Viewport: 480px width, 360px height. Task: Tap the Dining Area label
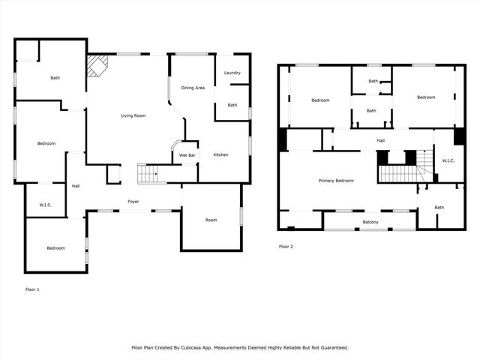(193, 88)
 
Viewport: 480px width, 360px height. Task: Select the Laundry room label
(232, 73)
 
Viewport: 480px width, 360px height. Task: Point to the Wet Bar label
(187, 154)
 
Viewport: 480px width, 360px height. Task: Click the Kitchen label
(220, 154)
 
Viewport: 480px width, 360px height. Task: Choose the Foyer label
(133, 202)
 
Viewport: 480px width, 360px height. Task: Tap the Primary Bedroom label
(336, 181)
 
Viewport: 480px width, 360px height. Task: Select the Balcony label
(370, 222)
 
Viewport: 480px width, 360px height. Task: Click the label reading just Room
(211, 220)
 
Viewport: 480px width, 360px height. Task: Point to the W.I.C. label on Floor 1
(45, 205)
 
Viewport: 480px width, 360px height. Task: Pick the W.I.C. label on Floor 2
(448, 160)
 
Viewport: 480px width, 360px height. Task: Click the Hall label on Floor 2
(380, 140)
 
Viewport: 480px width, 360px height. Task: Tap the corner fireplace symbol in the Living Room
(96, 66)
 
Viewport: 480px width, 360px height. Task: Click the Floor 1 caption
(32, 289)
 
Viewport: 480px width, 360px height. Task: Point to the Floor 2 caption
(286, 246)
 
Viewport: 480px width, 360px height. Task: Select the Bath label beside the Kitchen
(232, 105)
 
